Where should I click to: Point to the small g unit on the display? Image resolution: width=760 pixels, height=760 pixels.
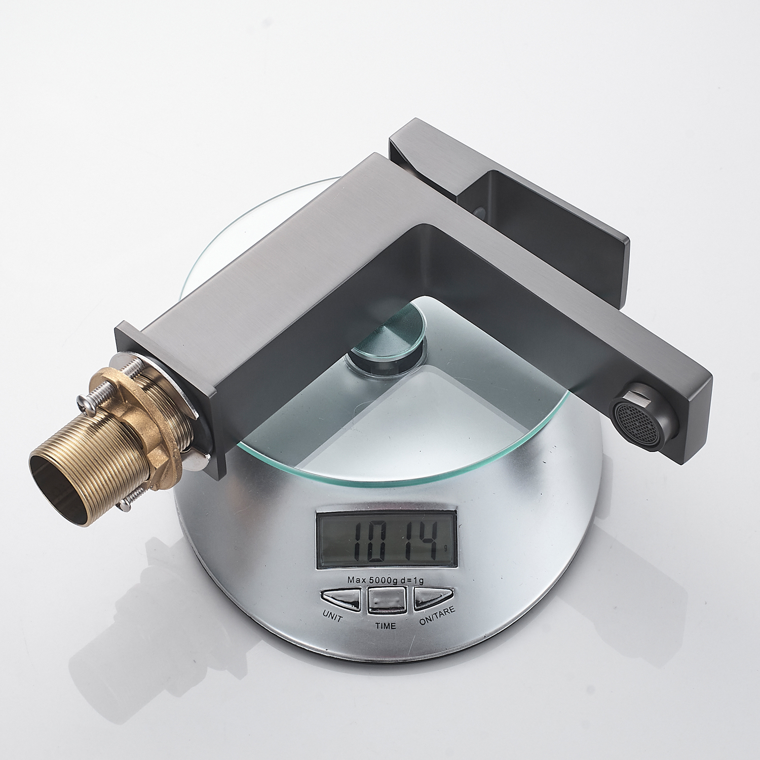445,548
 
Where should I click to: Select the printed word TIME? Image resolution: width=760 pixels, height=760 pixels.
385,626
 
